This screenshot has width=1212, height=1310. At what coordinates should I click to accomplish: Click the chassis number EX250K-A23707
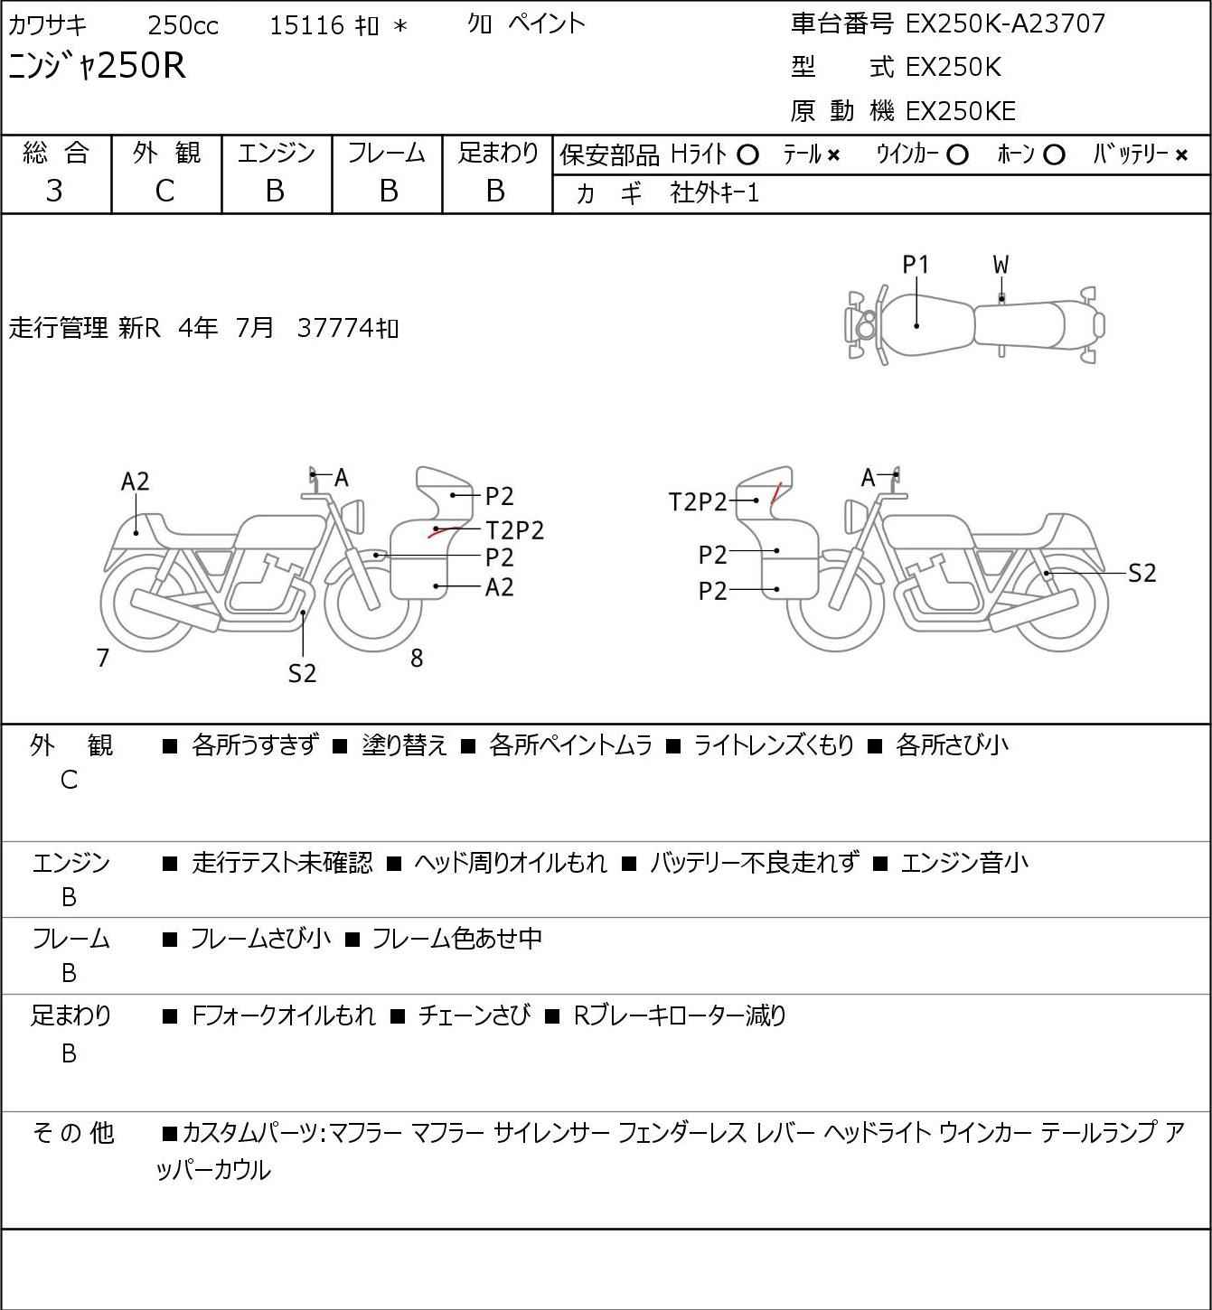pyautogui.click(x=1005, y=24)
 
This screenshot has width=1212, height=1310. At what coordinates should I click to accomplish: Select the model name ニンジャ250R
pyautogui.click(x=97, y=66)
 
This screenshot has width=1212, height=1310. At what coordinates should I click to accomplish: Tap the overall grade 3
pyautogui.click(x=54, y=192)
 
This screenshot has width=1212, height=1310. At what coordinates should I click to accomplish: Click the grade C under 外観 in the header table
pyautogui.click(x=165, y=192)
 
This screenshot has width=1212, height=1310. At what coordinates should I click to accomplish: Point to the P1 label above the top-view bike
pyautogui.click(x=916, y=266)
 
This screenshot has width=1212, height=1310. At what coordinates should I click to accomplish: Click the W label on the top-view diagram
pyautogui.click(x=1001, y=266)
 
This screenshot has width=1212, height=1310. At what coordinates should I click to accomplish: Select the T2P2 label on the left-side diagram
pyautogui.click(x=515, y=530)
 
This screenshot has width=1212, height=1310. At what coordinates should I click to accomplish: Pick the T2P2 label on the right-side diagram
pyautogui.click(x=697, y=502)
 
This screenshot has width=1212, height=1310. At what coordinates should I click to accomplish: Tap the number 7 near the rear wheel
pyautogui.click(x=102, y=658)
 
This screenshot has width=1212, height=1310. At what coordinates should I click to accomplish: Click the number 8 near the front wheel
pyautogui.click(x=417, y=658)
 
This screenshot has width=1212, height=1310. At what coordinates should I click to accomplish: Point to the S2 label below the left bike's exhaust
pyautogui.click(x=303, y=673)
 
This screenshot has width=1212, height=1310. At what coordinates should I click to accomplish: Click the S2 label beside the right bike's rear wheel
pyautogui.click(x=1142, y=573)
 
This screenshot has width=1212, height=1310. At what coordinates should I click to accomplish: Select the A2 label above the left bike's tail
pyautogui.click(x=136, y=482)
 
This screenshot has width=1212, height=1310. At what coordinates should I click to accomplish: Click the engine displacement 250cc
pyautogui.click(x=183, y=25)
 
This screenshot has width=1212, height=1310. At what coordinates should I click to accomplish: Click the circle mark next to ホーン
pyautogui.click(x=1054, y=155)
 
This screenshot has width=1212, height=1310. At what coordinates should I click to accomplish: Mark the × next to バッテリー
pyautogui.click(x=1181, y=155)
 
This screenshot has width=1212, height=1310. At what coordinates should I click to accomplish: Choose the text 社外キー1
pyautogui.click(x=714, y=193)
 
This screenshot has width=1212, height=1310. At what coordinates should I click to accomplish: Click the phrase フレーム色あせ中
pyautogui.click(x=456, y=938)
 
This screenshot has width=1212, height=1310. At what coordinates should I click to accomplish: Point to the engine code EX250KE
pyautogui.click(x=961, y=111)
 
